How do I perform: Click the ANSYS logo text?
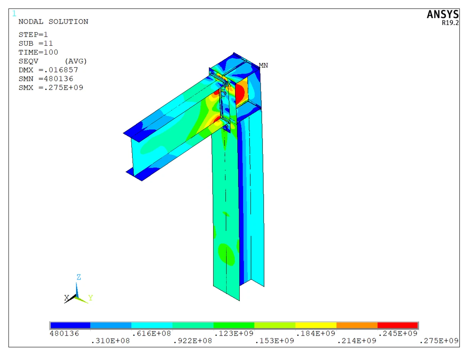443,14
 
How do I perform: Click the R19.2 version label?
450,22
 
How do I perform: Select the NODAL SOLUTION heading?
53,22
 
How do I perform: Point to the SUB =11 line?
36,43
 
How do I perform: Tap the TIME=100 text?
38,52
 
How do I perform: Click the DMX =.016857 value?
48,70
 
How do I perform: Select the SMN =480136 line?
46,79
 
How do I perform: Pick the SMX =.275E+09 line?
51,87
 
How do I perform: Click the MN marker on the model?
263,65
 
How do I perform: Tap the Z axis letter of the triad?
78,277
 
